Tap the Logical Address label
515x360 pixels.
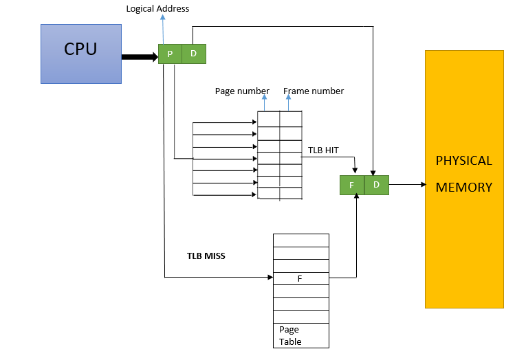(x=157, y=9)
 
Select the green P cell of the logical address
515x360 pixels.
(x=170, y=54)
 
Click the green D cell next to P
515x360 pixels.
(x=193, y=54)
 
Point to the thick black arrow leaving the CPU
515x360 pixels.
(x=140, y=57)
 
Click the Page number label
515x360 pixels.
(x=242, y=91)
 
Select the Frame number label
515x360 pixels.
(x=314, y=91)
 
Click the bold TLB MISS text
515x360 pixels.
(x=206, y=256)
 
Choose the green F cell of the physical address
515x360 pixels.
(x=351, y=185)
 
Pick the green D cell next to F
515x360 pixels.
(x=376, y=185)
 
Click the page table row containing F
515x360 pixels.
(x=301, y=278)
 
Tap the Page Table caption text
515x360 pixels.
(x=290, y=335)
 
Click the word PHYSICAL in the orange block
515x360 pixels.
(x=464, y=161)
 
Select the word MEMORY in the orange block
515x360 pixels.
(x=464, y=187)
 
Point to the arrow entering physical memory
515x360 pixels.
(x=407, y=185)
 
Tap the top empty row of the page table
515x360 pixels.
(x=301, y=240)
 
